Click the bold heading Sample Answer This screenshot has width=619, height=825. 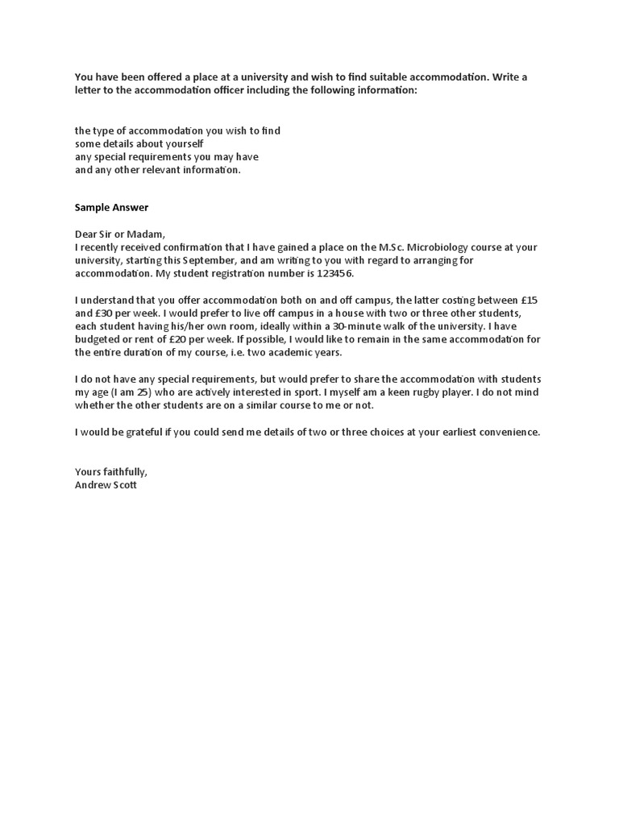click(111, 207)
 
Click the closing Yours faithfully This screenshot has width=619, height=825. click(111, 471)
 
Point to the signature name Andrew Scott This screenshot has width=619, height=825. click(106, 485)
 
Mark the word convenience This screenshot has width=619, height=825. click(507, 432)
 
